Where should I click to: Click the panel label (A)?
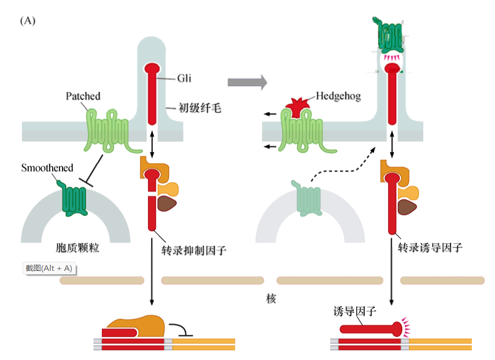(28, 22)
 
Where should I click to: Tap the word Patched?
(83, 96)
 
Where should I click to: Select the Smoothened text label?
(47, 168)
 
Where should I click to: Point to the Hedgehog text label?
(338, 96)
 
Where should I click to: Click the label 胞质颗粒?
(77, 248)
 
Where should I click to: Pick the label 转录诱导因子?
(430, 248)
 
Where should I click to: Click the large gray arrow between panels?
(247, 81)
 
